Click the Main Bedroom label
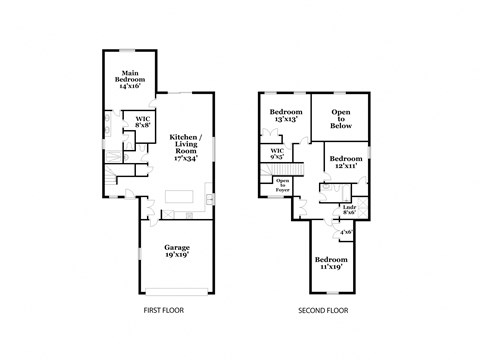(130, 80)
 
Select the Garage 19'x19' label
(177, 251)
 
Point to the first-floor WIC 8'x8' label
(143, 122)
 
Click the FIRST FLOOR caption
(163, 311)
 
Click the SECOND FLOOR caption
(322, 311)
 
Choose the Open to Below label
(342, 119)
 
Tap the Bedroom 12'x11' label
(346, 162)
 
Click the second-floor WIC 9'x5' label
(276, 153)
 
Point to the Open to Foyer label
(283, 184)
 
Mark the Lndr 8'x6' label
(349, 210)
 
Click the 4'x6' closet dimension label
(346, 232)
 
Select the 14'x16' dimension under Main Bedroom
(130, 86)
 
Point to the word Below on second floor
(342, 129)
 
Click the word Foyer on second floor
(283, 189)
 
